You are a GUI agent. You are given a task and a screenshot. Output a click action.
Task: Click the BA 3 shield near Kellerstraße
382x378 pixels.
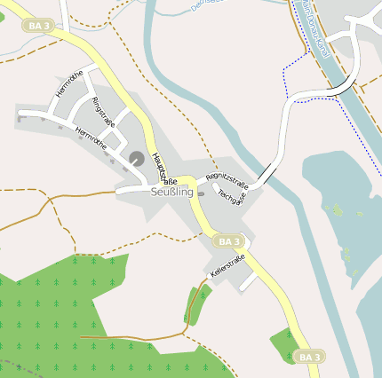[228, 240]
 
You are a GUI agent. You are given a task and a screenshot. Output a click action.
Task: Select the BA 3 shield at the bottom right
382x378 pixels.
[308, 356]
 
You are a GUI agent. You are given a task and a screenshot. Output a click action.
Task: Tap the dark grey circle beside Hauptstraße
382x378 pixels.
[137, 158]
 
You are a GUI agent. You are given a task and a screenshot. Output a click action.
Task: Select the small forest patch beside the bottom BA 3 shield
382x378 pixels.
[283, 345]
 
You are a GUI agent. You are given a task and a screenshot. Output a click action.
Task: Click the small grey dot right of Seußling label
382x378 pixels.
[201, 193]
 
